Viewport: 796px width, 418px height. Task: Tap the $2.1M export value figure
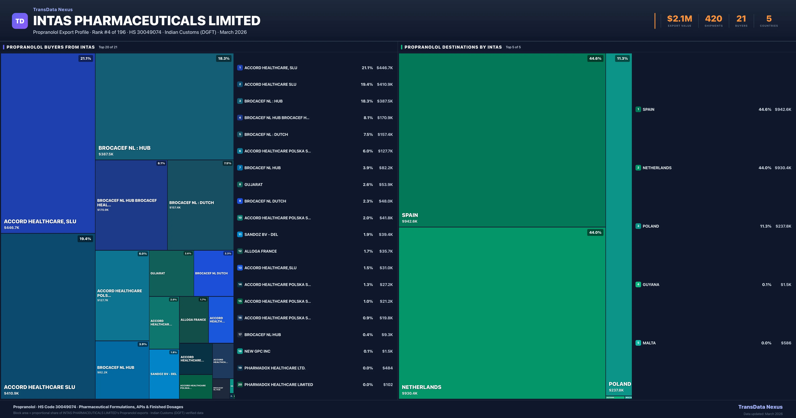tap(680, 19)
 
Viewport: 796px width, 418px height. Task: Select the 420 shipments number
tap(713, 19)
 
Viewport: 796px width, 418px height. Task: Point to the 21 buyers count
tap(741, 19)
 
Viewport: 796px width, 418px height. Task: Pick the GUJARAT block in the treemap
tap(171, 273)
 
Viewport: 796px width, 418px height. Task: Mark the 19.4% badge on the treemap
tap(85, 239)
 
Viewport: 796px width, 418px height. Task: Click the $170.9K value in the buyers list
tap(385, 118)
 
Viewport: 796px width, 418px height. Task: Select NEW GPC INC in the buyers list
tap(257, 351)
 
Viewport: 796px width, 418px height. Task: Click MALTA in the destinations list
tap(649, 343)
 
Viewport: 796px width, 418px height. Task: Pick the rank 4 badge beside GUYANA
tap(638, 284)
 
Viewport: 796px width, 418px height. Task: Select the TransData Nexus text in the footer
tap(760, 407)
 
